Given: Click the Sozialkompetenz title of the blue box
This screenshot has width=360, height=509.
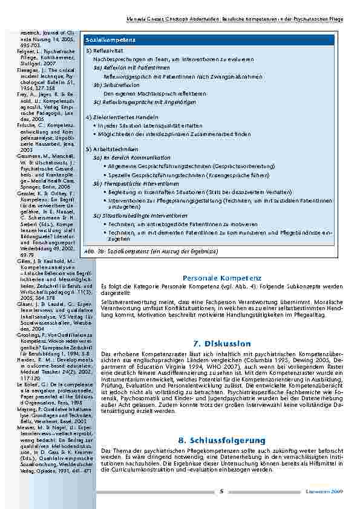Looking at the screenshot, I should coord(110,39).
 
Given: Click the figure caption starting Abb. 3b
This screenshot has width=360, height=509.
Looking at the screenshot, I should coord(149,250).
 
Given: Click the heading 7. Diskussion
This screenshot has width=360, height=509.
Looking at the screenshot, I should coord(218,343).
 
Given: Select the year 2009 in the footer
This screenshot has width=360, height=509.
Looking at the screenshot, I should coord(339,491).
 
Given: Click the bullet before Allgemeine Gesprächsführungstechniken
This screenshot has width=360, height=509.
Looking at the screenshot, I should coord(105,165).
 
